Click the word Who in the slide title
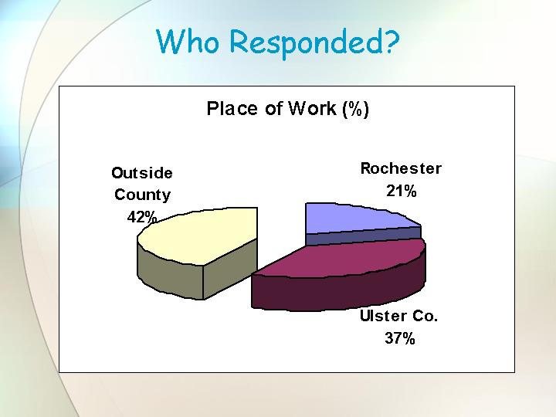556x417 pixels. coord(188,41)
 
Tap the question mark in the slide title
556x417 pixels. coord(392,40)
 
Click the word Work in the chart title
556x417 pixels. coord(312,108)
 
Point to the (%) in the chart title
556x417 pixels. coord(356,109)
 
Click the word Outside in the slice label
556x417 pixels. coord(142,173)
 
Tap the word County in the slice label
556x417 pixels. coord(143,195)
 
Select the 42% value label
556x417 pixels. coord(142,217)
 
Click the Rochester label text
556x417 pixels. coord(401,168)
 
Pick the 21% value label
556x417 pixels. coord(402,192)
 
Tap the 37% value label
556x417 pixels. coord(400,338)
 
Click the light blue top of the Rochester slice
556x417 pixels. coord(354,218)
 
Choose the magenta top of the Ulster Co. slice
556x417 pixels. coord(341,259)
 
